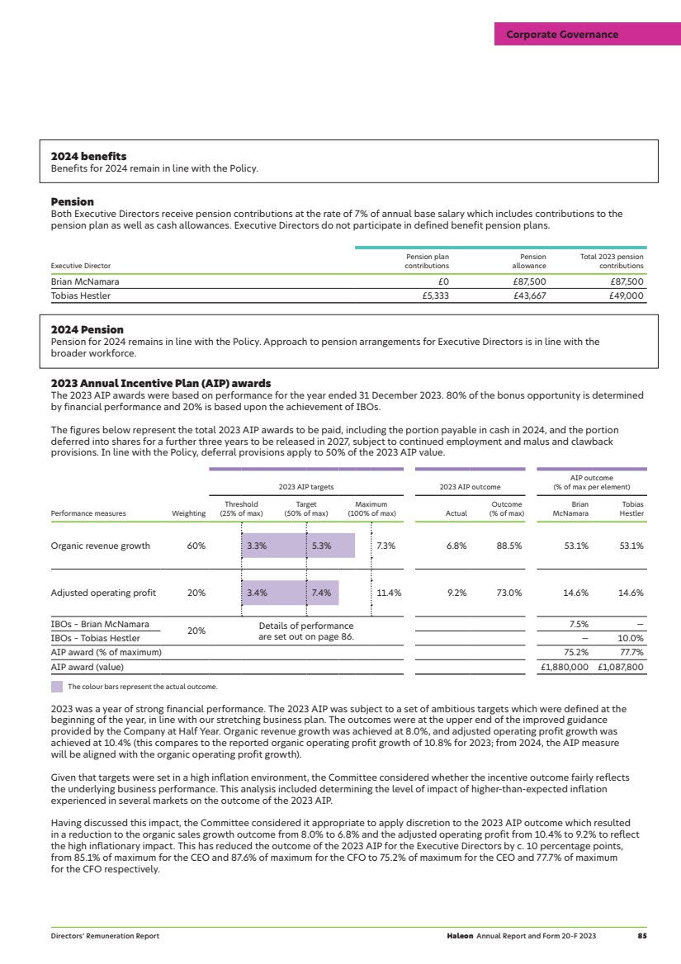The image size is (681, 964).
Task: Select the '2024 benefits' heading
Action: [x=87, y=156]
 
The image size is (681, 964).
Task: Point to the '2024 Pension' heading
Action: [x=87, y=330]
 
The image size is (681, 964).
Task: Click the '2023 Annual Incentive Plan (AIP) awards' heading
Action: [x=161, y=383]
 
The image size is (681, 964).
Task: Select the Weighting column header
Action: [x=188, y=513]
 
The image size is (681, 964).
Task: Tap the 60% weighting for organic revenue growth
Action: [x=196, y=546]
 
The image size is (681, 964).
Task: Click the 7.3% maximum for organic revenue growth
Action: [x=385, y=546]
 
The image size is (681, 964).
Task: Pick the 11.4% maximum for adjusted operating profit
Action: [x=387, y=593]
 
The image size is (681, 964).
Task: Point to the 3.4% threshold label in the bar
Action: [x=256, y=593]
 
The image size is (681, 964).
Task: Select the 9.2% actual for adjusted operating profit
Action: [x=456, y=593]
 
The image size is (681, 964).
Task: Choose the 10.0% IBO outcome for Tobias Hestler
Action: [x=631, y=638]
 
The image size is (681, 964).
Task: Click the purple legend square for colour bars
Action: [x=57, y=686]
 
